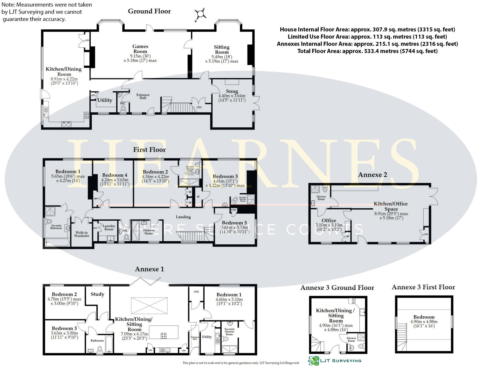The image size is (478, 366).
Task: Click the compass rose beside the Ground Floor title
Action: click(x=201, y=14)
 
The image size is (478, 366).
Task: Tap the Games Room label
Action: click(x=140, y=49)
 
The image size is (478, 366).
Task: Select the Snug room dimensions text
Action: click(x=232, y=98)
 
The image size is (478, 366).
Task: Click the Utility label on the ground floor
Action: click(x=105, y=100)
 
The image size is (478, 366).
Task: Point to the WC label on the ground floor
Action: click(x=123, y=103)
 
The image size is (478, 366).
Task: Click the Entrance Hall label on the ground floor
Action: click(x=143, y=96)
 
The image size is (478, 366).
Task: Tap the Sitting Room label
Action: click(x=222, y=50)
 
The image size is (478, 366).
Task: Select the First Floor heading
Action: click(x=149, y=150)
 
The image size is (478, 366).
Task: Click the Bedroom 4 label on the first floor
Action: click(x=115, y=175)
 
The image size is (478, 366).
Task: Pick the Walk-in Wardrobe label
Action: click(x=81, y=234)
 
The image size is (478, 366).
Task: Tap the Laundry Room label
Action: click(x=109, y=227)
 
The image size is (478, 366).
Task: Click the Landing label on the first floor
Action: click(x=183, y=217)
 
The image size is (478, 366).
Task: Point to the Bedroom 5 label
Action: click(x=234, y=223)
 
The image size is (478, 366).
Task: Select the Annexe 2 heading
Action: click(x=372, y=174)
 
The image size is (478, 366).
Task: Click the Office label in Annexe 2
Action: click(x=329, y=220)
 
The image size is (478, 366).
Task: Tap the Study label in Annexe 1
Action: click(x=97, y=294)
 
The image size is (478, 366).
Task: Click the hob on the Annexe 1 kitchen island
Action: click(x=164, y=336)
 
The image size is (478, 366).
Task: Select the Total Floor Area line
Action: click(x=367, y=51)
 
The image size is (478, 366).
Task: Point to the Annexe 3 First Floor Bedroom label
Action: click(x=424, y=317)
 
